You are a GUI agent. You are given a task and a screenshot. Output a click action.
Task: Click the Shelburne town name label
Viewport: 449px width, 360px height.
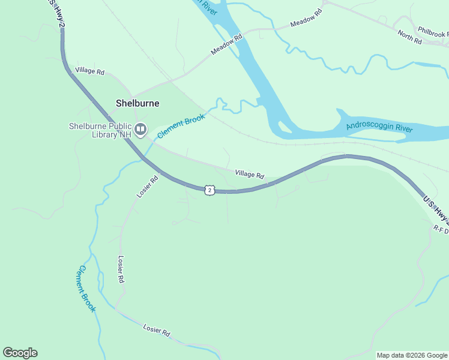(x=137, y=103)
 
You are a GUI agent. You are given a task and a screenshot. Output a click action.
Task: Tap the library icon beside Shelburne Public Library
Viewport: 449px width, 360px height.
(x=140, y=129)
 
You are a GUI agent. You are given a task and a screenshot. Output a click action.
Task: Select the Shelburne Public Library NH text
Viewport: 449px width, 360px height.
(x=100, y=130)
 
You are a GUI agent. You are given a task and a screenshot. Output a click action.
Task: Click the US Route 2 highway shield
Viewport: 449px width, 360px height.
(x=209, y=190)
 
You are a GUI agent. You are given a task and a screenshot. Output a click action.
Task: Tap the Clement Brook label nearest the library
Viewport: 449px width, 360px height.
(x=181, y=126)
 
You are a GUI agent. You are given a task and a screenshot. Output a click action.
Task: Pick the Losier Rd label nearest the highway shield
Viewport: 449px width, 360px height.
(x=147, y=186)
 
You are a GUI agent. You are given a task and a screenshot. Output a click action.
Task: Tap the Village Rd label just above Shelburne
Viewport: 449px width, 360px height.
(x=90, y=71)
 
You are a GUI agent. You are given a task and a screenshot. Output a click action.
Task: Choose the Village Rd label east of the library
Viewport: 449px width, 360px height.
(x=249, y=174)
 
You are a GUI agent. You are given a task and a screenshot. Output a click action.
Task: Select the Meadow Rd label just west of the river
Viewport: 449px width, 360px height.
(x=226, y=45)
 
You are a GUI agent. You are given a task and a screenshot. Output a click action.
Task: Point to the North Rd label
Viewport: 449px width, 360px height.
(x=409, y=36)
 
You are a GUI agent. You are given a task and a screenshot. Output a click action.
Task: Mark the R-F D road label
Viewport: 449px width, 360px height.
(x=441, y=229)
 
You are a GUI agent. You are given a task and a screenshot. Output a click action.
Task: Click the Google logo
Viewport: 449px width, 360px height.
(x=20, y=353)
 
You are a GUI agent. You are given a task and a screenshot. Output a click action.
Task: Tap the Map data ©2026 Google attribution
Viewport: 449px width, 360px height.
(x=412, y=355)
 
